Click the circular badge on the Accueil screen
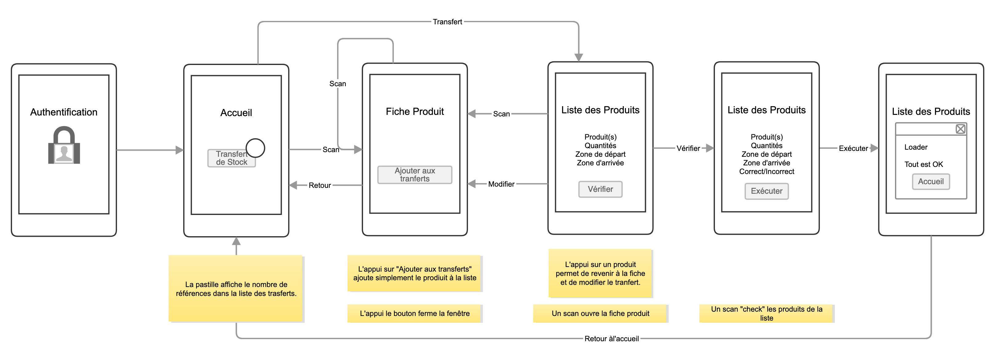point(255,148)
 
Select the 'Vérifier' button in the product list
point(600,189)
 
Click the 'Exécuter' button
point(766,191)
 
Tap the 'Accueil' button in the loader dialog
point(931,181)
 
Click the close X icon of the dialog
point(960,129)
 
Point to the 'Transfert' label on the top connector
point(447,22)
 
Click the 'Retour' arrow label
point(320,185)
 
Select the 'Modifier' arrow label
point(501,184)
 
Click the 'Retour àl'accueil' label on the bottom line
point(611,339)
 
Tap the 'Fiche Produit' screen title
point(414,111)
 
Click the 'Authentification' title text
point(64,112)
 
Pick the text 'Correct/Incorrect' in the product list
point(766,171)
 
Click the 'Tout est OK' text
point(923,164)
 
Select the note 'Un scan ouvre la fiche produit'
point(600,313)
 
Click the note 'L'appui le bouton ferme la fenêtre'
point(414,313)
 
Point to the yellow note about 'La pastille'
point(236,289)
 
